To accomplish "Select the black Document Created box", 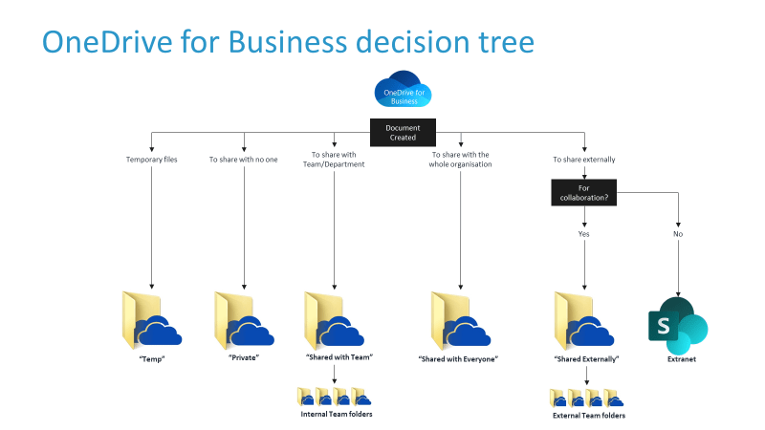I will (x=403, y=132).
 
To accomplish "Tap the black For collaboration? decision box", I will (x=584, y=193).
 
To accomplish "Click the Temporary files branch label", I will (x=152, y=160).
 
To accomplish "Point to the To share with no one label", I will (x=244, y=160).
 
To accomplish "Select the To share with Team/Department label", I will (x=334, y=160).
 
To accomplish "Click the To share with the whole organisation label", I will (x=460, y=160).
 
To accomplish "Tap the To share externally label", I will (x=584, y=160).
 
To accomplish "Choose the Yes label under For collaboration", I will (x=584, y=233).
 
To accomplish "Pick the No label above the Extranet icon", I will (x=678, y=233).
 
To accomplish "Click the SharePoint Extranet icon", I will (x=677, y=322).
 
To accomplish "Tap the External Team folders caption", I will (x=588, y=416).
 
